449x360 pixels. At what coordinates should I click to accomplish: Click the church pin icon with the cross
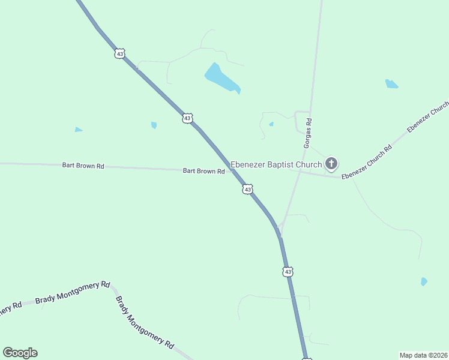coord(331,163)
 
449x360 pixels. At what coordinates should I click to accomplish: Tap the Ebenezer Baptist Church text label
coord(276,164)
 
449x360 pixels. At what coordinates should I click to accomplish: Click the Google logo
coord(20,353)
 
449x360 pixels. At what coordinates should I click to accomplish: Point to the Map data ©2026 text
coord(423,355)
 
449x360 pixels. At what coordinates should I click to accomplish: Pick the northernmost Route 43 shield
coord(120,53)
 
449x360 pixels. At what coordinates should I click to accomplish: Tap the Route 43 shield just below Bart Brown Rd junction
coord(247,190)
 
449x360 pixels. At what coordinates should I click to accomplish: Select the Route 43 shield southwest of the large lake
coord(187,118)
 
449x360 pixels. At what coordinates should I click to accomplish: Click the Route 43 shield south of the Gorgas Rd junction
coord(288,272)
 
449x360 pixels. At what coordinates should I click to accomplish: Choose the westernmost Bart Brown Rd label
coord(83,165)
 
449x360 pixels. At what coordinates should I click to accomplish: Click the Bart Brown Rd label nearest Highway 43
coord(203,171)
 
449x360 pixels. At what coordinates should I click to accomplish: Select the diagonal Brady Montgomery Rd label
coord(144,322)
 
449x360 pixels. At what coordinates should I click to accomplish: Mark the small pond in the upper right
coord(391,84)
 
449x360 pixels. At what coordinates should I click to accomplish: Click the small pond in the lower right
coord(424,281)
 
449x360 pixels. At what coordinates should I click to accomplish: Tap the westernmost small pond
coord(79,130)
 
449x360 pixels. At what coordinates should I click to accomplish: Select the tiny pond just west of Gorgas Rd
coord(271,124)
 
